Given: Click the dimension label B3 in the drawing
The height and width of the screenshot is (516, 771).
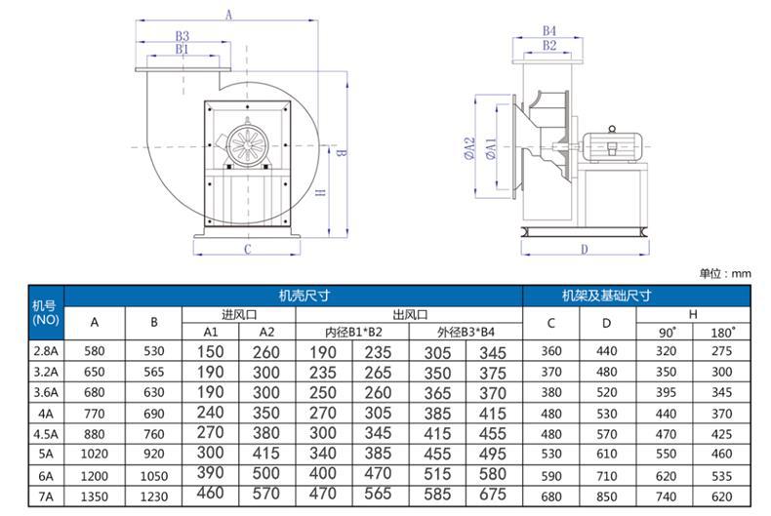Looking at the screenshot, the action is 183,36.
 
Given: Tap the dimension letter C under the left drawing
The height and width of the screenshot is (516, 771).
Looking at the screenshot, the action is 247,249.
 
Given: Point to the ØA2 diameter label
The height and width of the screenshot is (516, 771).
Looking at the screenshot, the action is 470,148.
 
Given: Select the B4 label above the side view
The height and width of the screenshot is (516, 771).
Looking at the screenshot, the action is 548,31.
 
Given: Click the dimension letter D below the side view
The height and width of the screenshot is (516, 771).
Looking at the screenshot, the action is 585,249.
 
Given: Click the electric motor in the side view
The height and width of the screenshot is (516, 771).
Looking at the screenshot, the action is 613,145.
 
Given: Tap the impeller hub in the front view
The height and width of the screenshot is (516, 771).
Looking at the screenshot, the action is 246,144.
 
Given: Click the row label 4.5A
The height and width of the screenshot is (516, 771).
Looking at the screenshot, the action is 46,434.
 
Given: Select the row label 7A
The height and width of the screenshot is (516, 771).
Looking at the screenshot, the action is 46,496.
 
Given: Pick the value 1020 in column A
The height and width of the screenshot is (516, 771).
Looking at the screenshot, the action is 94,455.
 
